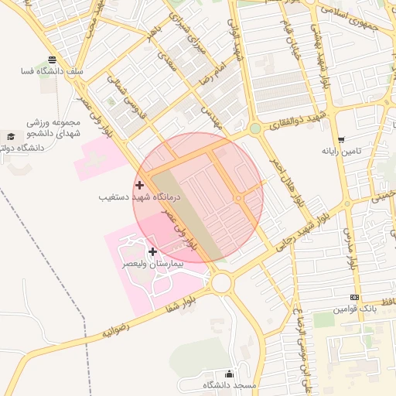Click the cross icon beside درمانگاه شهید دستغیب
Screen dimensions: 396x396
click(139, 185)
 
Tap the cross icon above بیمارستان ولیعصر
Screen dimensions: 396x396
click(152, 251)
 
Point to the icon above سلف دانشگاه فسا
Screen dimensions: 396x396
click(52, 60)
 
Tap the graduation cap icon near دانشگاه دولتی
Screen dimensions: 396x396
click(10, 135)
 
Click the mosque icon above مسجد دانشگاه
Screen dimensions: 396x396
click(228, 373)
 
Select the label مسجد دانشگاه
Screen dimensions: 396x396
click(229, 384)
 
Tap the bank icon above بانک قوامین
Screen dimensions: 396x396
click(354, 297)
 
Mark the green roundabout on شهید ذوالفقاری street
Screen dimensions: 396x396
click(255, 128)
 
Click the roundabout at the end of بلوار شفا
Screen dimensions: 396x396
click(222, 282)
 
